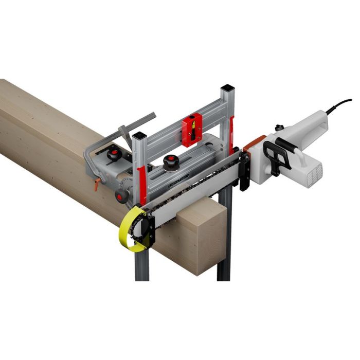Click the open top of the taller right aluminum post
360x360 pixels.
[x=228, y=91]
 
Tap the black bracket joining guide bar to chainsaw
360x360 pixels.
[x=245, y=169]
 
